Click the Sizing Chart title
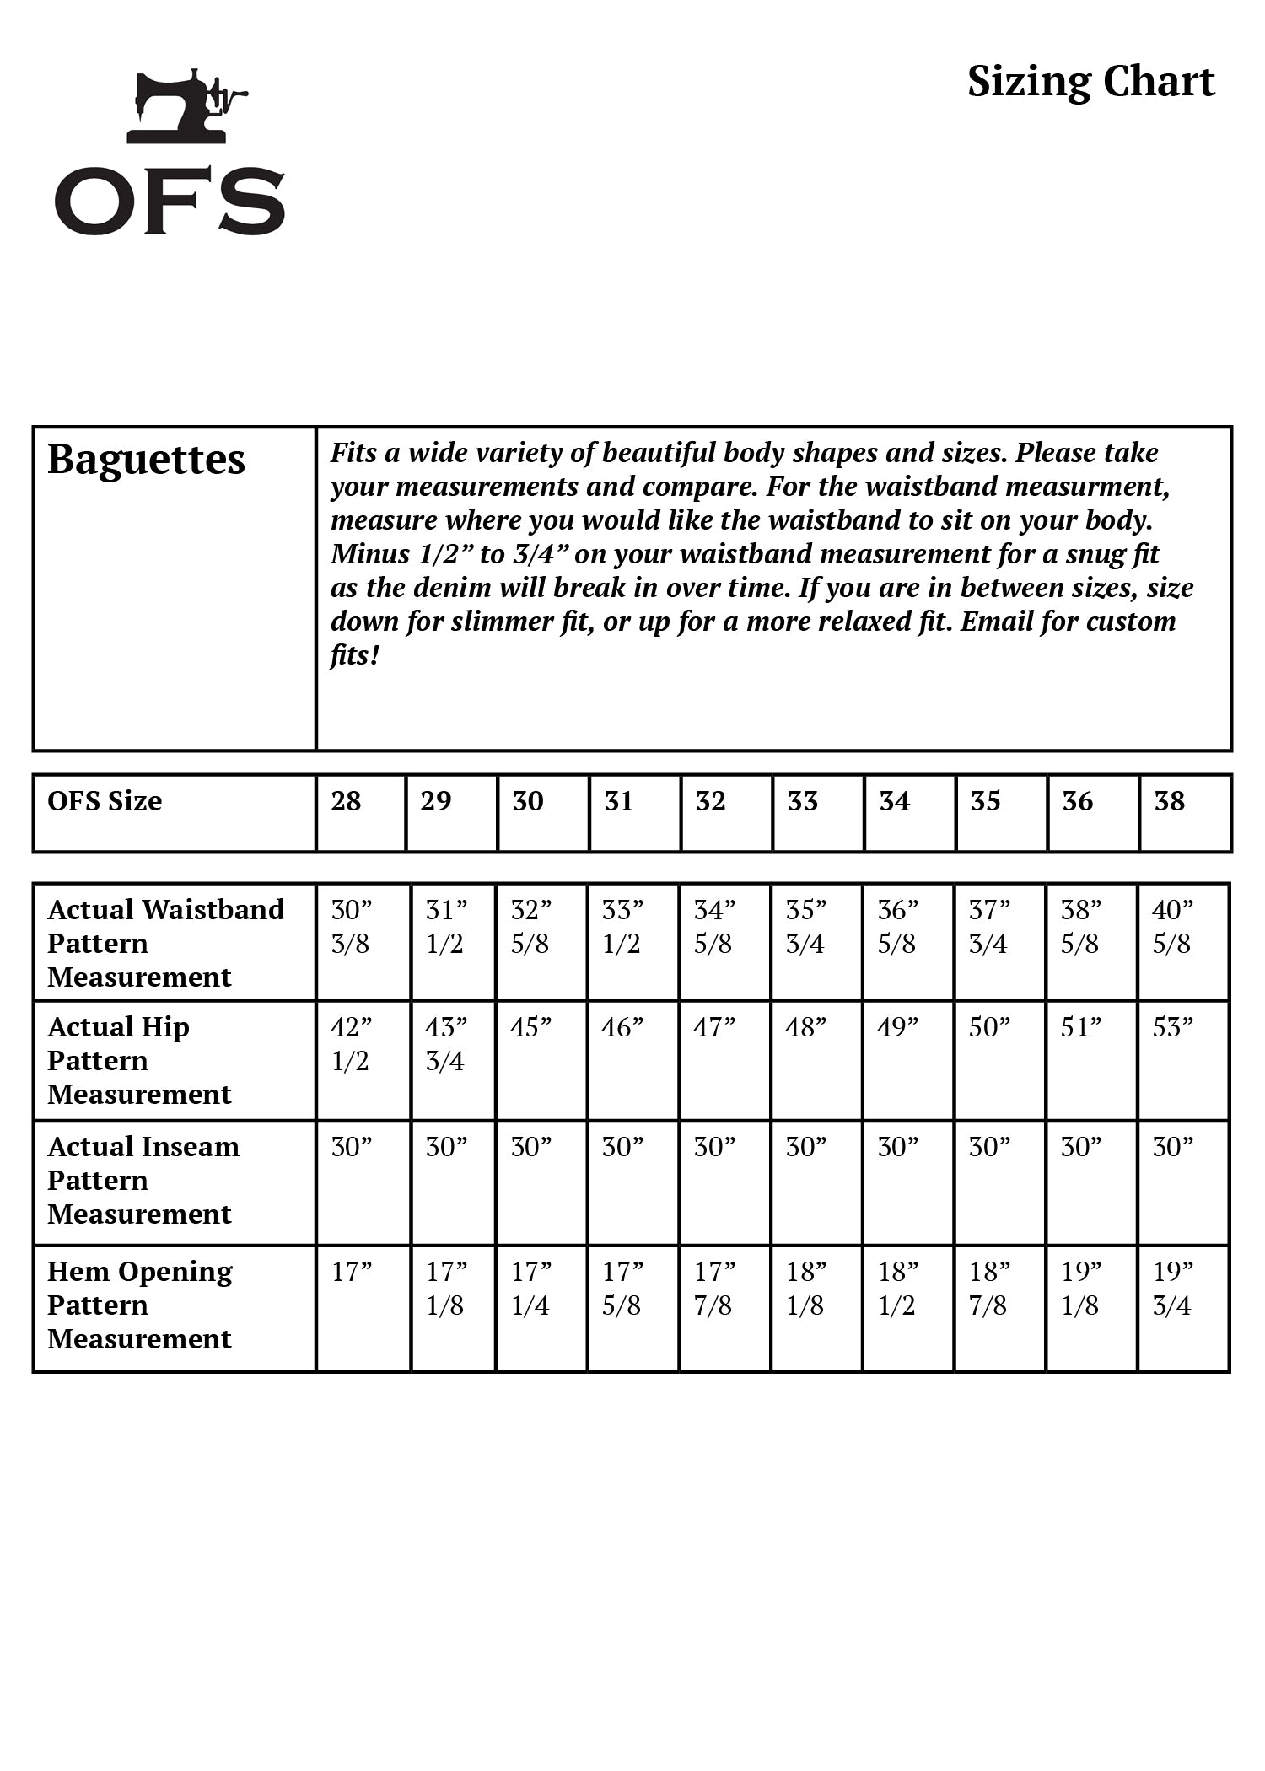1090,83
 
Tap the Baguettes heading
146,460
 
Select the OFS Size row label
105,801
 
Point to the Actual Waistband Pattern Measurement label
165,943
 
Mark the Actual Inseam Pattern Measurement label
143,1180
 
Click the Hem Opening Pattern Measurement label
140,1305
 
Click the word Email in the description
996,622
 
